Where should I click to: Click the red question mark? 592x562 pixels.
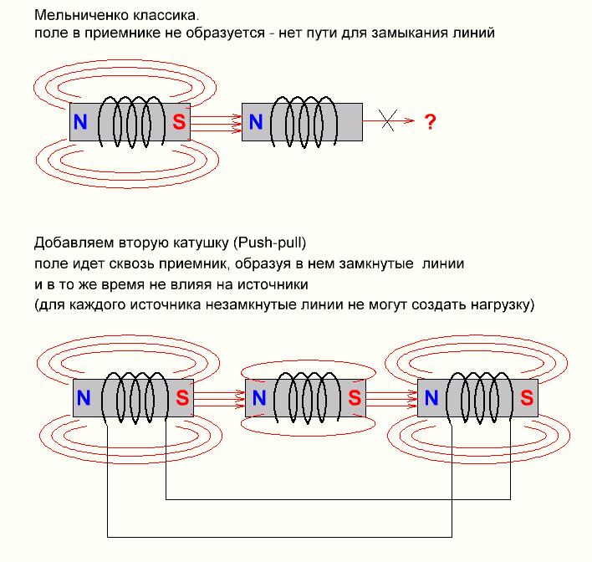coord(430,122)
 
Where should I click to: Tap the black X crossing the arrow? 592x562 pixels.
coord(386,121)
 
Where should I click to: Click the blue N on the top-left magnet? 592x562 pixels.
coord(80,122)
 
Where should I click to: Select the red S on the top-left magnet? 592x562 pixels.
coord(178,122)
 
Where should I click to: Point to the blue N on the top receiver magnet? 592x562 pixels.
coord(256,122)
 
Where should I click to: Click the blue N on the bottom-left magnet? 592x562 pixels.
coord(84,397)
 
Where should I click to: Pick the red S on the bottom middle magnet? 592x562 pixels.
coord(355,397)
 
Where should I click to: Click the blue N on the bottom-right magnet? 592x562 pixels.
coord(431,397)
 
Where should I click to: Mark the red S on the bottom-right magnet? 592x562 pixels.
coord(527,397)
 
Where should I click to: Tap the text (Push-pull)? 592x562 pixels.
coord(271,244)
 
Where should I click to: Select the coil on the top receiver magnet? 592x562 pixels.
coord(304,121)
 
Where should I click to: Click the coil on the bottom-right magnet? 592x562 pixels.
coord(478,397)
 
